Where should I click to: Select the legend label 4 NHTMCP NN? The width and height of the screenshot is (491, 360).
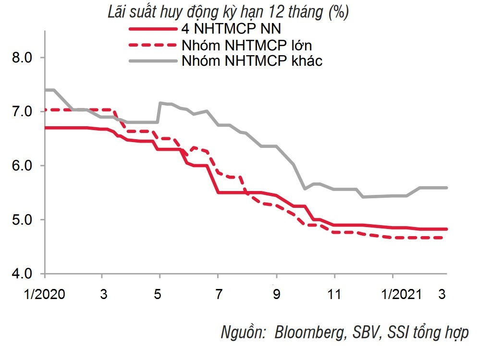[x=231, y=29]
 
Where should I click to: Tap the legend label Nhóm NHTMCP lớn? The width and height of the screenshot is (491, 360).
[x=247, y=45]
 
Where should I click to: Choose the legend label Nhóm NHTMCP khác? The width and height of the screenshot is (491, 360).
[x=252, y=61]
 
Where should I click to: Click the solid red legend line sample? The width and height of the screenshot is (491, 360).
[x=153, y=29]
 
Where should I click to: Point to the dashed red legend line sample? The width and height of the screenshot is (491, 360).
[x=153, y=46]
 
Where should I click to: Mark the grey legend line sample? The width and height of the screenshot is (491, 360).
[x=153, y=61]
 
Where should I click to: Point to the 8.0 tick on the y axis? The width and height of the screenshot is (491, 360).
[x=21, y=58]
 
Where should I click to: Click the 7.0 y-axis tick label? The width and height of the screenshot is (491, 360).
[x=21, y=112]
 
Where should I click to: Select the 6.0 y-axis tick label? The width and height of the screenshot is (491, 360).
[x=21, y=166]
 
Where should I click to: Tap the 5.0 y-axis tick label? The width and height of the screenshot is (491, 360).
[x=21, y=220]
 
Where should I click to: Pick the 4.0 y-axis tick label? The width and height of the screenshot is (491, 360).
[x=21, y=274]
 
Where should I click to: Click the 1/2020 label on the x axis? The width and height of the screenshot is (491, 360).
[x=45, y=294]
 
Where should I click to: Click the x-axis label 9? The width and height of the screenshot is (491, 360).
[x=276, y=294]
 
